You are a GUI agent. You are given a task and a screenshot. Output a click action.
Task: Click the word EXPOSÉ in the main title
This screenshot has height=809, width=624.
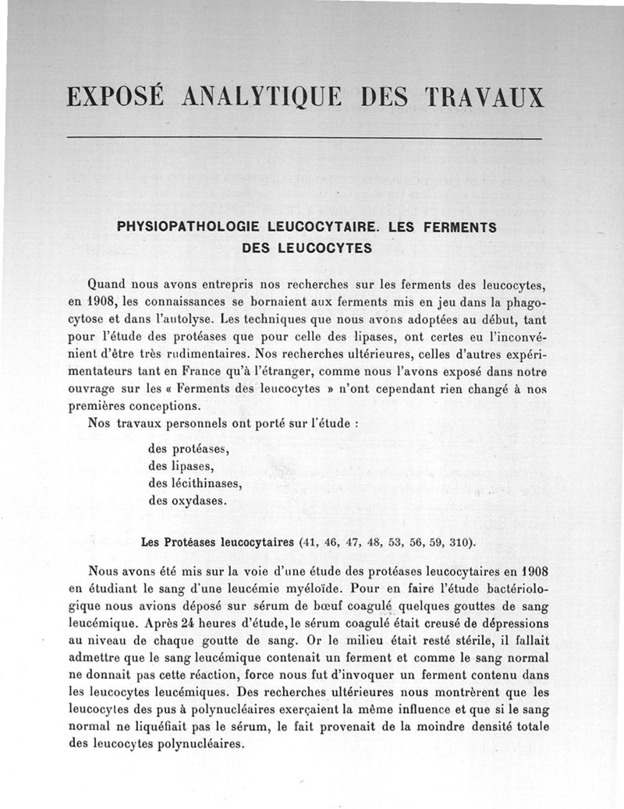116,97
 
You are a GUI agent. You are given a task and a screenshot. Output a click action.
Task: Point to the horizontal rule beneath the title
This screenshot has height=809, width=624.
305,139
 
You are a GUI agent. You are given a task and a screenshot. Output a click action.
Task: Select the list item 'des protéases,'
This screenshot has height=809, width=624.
188,449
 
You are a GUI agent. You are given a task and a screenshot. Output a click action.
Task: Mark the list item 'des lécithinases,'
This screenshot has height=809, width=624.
195,483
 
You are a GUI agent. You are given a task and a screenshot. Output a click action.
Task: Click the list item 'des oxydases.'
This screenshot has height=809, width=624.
188,500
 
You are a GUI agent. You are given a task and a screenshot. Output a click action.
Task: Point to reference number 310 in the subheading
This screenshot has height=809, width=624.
459,542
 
